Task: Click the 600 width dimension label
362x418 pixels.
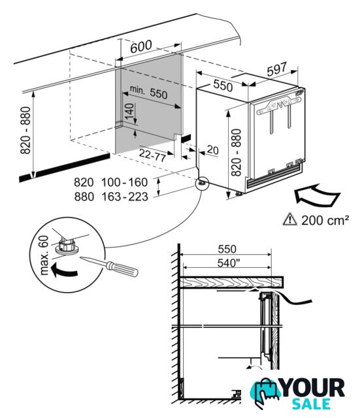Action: coord(141,47)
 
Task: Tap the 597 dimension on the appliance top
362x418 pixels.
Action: coord(276,69)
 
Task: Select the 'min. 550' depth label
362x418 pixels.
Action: coord(148,92)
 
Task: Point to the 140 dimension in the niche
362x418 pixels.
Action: coord(129,111)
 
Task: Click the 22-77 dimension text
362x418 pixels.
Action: coord(153,155)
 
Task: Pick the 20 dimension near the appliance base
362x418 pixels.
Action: coord(212,150)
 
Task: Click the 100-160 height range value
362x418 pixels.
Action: coord(124,182)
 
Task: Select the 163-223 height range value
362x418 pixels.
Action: coord(125,197)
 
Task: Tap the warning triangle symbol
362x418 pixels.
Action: coord(289,219)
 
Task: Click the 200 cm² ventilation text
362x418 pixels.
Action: coord(325,220)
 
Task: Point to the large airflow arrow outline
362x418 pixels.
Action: coord(317,195)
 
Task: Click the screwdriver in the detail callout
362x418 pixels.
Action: coord(109,266)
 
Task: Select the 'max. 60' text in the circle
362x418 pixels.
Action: coord(44,255)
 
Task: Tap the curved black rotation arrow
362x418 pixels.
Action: coord(63,270)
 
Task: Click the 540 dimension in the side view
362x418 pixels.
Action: coord(227,263)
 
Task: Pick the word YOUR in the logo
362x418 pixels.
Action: coord(313,388)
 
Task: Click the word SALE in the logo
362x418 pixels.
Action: coord(311,404)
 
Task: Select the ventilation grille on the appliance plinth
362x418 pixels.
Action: coord(274,176)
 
